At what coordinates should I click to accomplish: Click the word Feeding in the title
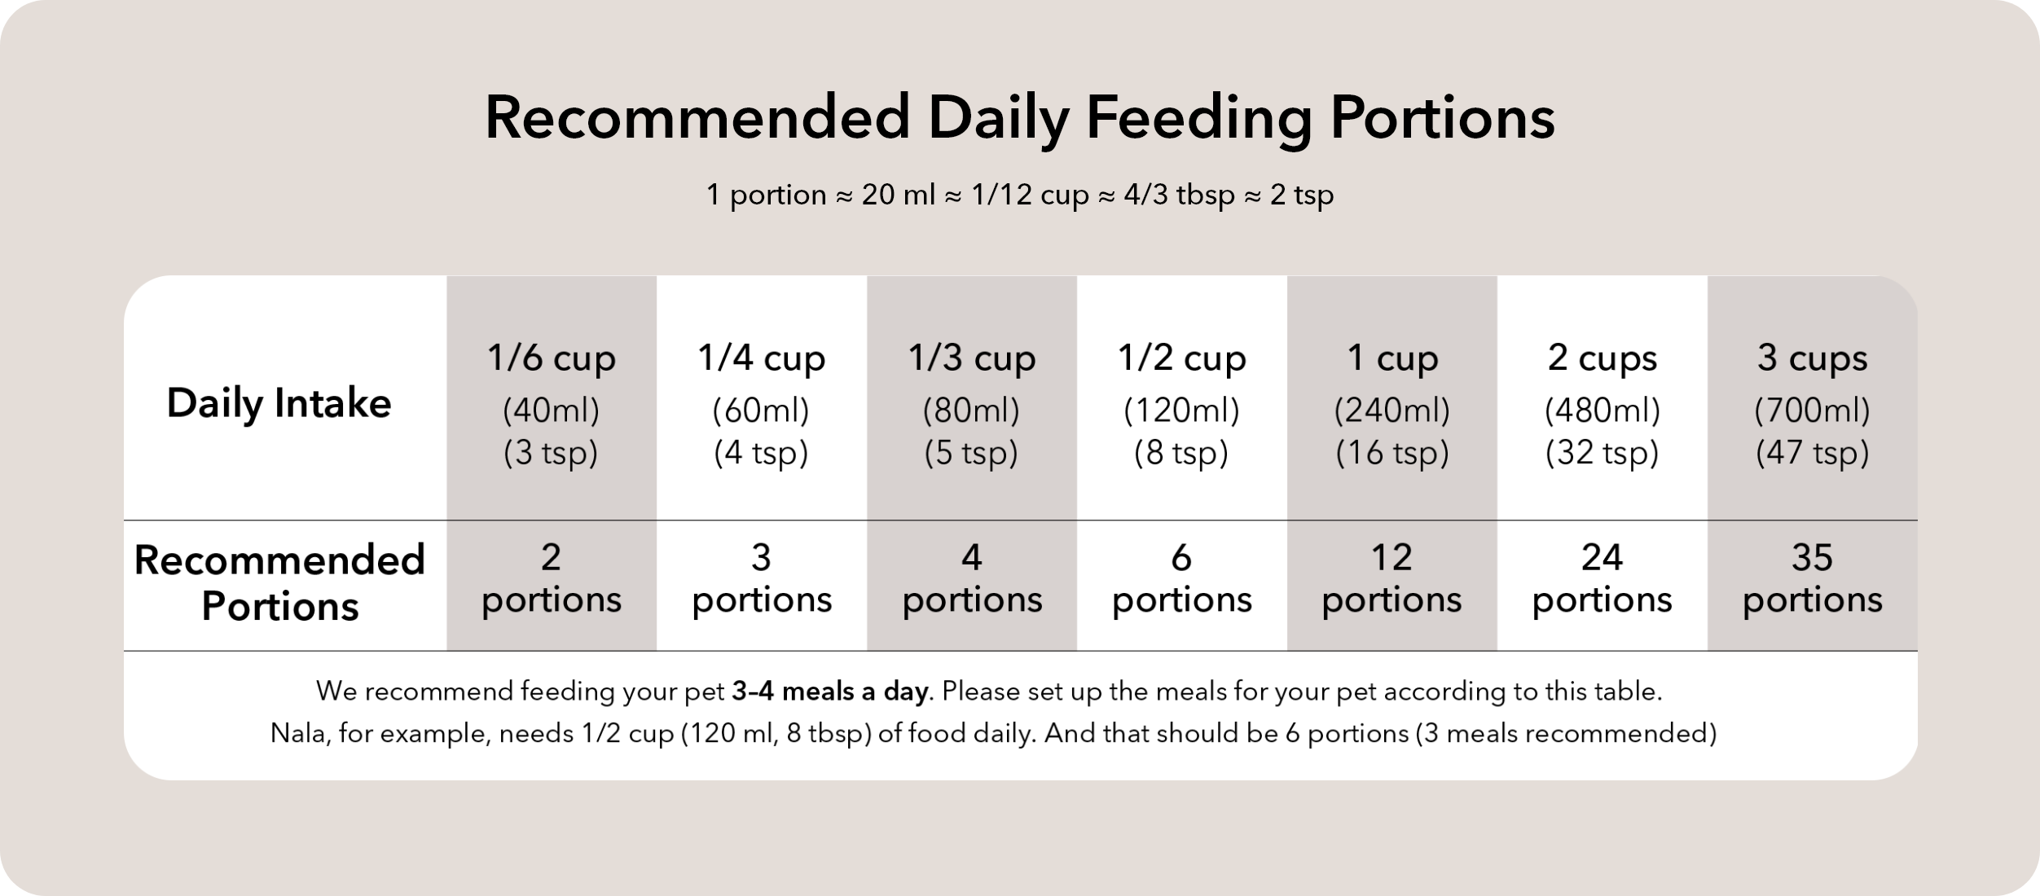(x=1198, y=119)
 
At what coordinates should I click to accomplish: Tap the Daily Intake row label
(x=279, y=403)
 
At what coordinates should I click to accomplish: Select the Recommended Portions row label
(x=279, y=582)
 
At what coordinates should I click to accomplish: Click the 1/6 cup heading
(x=551, y=358)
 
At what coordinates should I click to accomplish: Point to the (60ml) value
(x=761, y=411)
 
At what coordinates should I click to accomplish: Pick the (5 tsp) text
(x=971, y=453)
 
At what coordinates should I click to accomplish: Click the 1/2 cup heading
(x=1181, y=358)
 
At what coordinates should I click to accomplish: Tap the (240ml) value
(x=1392, y=411)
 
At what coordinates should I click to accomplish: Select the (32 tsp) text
(x=1602, y=453)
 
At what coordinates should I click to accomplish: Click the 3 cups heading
(x=1812, y=358)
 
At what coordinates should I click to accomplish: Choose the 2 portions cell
(x=551, y=579)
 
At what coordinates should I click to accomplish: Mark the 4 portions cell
(x=971, y=579)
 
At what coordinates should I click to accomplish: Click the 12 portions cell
(x=1392, y=579)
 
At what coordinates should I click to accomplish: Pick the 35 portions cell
(x=1812, y=579)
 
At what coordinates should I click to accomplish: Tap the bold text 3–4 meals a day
(x=830, y=692)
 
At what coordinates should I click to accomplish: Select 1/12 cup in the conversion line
(x=1030, y=195)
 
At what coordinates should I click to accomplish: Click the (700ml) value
(x=1812, y=411)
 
